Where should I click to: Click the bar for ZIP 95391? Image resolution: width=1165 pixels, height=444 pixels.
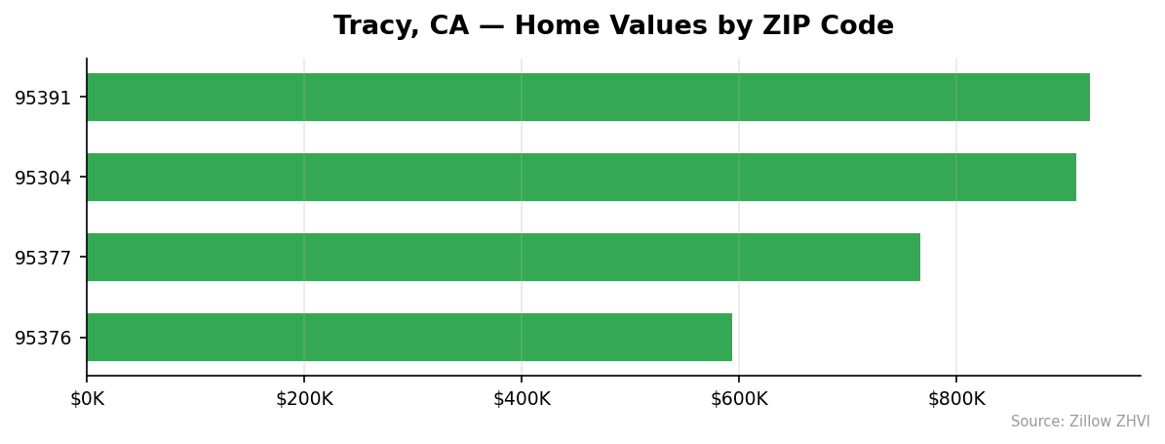tap(588, 97)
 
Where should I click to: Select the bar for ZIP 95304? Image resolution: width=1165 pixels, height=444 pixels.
tap(581, 177)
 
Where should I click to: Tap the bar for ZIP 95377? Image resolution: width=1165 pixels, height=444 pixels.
tap(503, 257)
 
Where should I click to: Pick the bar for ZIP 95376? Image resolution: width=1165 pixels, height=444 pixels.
tap(409, 337)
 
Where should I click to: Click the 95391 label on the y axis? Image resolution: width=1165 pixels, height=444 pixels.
tap(43, 98)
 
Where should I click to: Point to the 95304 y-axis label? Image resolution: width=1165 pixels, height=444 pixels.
tap(43, 178)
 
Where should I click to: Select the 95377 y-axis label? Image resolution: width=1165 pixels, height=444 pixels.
tap(43, 258)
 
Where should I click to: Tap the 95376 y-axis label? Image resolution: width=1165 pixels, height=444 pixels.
tap(43, 338)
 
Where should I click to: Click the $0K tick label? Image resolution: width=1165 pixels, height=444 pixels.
tap(87, 398)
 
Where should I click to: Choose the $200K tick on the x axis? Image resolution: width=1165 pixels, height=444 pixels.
tap(304, 398)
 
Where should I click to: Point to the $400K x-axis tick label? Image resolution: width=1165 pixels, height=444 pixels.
tap(522, 398)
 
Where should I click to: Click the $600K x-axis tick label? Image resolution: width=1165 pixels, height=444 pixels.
tap(739, 398)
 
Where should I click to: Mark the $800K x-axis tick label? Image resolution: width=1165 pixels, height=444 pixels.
tap(956, 398)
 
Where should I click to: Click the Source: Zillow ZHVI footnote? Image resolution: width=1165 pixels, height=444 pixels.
tap(1080, 422)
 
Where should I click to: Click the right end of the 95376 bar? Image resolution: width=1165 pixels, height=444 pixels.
tap(730, 337)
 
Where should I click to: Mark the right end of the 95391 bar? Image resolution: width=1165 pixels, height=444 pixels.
tap(1088, 97)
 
